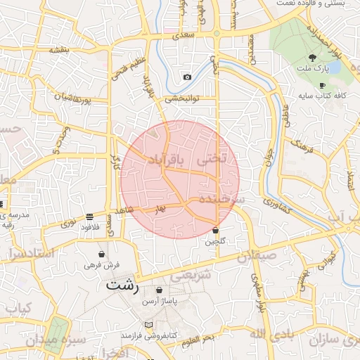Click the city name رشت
pos(124,286)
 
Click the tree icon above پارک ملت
pos(312,58)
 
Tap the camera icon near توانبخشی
pos(187,77)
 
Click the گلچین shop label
pos(215,242)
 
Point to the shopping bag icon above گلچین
pos(215,231)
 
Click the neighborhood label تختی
pos(212,160)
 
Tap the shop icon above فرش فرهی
pos(103,254)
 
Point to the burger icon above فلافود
pos(89,216)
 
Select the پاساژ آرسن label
pos(160,301)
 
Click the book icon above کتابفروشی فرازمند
pos(148,325)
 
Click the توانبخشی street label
pos(184,99)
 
